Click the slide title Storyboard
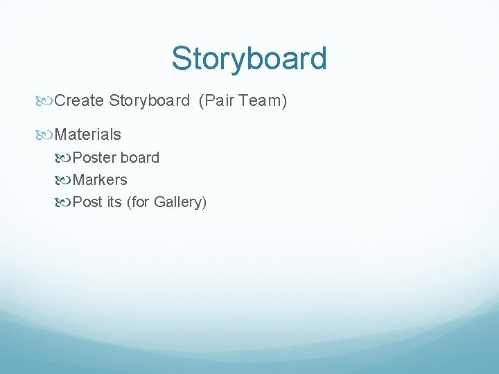249,59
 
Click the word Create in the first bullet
78,101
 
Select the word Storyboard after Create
149,101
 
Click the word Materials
87,134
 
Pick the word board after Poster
140,158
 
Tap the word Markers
100,180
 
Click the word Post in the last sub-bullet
87,202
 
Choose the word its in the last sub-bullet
114,202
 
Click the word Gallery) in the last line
180,202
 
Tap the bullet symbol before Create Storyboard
46,102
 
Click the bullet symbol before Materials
46,135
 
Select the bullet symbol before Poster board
65,159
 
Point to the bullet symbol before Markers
65,181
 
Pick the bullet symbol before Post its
65,203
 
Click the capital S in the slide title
182,59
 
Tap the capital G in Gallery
159,202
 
